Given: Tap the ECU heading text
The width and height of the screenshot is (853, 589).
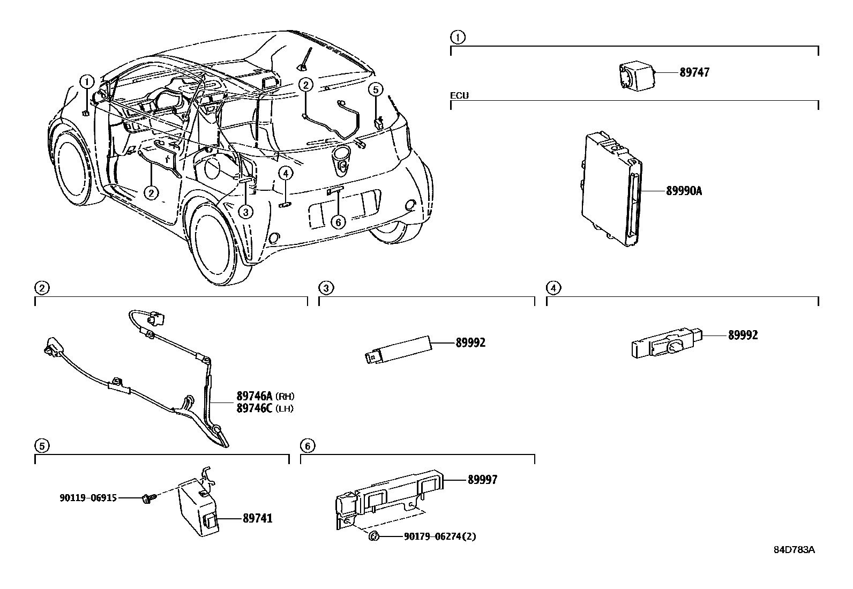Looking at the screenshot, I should pos(459,95).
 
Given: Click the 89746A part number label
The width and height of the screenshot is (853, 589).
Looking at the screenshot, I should pos(255,397).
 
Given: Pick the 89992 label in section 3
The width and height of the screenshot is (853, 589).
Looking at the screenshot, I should pos(470,342).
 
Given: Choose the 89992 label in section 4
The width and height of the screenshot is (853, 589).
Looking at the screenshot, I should pos(743,335).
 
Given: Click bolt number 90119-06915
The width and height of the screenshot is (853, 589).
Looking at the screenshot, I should pos(88,498).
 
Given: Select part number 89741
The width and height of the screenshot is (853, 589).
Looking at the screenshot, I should pos(257,519).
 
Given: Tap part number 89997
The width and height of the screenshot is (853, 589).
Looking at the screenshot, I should pos(482,480).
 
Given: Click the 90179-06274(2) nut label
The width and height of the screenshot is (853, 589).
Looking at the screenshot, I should pos(439,536).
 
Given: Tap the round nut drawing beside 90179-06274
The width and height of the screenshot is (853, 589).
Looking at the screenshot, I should pos(375,536).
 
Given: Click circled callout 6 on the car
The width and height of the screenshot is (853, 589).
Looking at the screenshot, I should pos(338,221).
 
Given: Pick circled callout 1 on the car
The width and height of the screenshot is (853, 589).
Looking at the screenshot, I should pos(87,81).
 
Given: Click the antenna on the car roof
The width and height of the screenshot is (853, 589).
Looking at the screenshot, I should pos(306,59).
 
